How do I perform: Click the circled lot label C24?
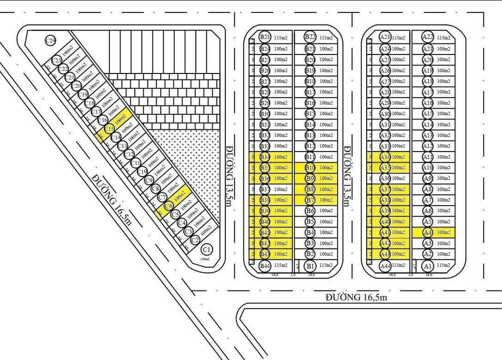(x=50, y=40)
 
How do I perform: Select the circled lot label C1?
(x=206, y=249)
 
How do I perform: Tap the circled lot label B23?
(x=265, y=37)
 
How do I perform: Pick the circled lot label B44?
(x=265, y=265)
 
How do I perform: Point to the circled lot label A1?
(x=428, y=265)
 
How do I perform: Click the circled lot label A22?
(x=428, y=37)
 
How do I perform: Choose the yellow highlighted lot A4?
(x=433, y=232)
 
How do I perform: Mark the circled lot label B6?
(x=310, y=211)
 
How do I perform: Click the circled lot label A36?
(x=385, y=178)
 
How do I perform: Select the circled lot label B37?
(x=265, y=189)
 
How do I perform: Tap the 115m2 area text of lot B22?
(x=326, y=37)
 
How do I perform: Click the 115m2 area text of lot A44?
(x=399, y=265)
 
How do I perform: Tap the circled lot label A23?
(x=385, y=37)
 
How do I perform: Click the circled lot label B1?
(x=310, y=265)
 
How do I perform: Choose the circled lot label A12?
(x=428, y=146)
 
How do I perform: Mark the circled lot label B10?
(x=310, y=167)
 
